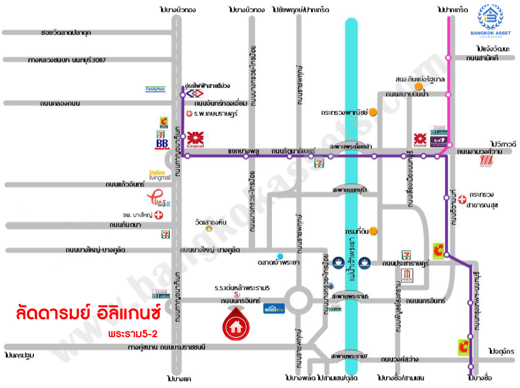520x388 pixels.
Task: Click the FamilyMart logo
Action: pos(156,89)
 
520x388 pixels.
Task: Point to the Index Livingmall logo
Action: pos(160,175)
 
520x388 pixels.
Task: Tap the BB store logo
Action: pos(161,143)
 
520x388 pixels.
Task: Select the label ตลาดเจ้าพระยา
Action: pos(280,263)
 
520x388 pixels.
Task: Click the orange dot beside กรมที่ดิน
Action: pos(373,230)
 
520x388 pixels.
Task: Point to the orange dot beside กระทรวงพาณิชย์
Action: pos(373,112)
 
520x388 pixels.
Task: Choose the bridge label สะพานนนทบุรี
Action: pos(350,189)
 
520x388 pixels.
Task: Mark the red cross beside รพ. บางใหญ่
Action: pos(158,215)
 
